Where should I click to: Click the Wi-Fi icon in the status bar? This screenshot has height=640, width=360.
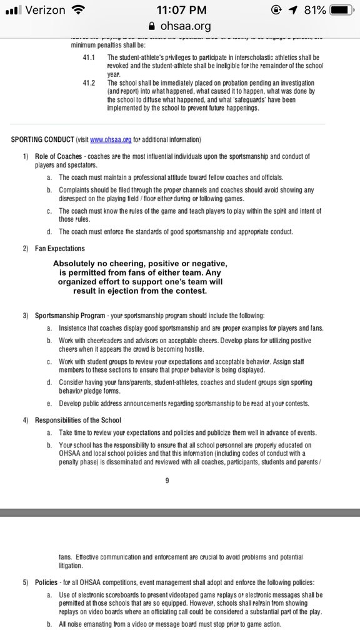click(x=78, y=11)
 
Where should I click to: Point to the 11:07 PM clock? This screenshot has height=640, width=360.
click(x=179, y=11)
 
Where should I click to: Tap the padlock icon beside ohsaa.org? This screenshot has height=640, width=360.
click(x=149, y=27)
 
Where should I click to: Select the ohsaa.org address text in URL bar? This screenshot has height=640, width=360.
click(x=184, y=27)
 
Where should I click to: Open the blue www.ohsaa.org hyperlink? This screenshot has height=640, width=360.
click(x=111, y=139)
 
